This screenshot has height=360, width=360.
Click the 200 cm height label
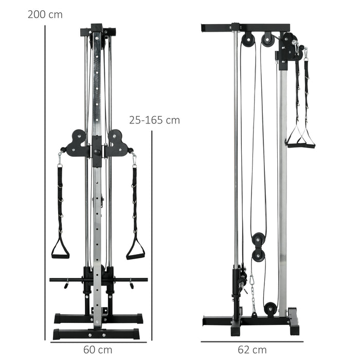[45, 14]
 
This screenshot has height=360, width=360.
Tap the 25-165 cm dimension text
[154, 120]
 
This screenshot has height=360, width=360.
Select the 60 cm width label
[98, 350]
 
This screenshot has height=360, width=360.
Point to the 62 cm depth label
[253, 350]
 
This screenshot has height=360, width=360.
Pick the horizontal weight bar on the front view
[98, 280]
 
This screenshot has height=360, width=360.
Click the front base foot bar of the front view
[98, 334]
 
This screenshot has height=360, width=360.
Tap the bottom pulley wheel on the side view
[269, 309]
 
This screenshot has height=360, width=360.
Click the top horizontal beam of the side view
[246, 26]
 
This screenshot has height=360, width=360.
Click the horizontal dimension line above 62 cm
[252, 341]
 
